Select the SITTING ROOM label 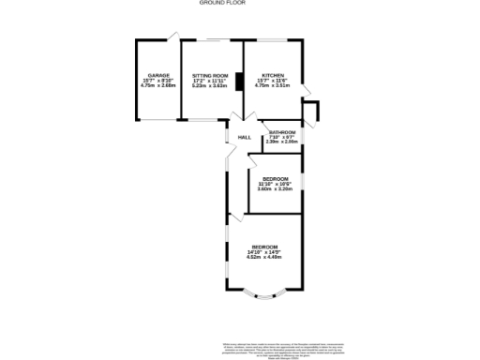click(x=210, y=75)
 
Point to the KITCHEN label click(x=273, y=75)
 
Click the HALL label click(x=244, y=138)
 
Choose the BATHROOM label click(x=282, y=133)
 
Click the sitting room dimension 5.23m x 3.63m click(x=210, y=86)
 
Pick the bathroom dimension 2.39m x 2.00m click(x=282, y=143)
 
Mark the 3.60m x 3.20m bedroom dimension click(x=276, y=189)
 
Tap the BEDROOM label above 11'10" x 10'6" click(x=276, y=178)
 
